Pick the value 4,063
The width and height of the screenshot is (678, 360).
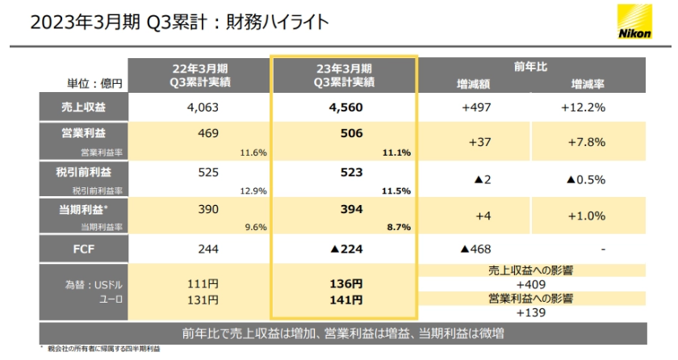coord(203,107)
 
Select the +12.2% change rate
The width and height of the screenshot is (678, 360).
coord(584,107)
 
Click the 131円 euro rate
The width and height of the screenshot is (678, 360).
coord(203,299)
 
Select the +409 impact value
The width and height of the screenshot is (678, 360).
coord(530,284)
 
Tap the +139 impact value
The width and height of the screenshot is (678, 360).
coord(530,312)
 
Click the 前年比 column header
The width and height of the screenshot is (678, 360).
coord(530,66)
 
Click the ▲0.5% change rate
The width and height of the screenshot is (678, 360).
coord(584,178)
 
